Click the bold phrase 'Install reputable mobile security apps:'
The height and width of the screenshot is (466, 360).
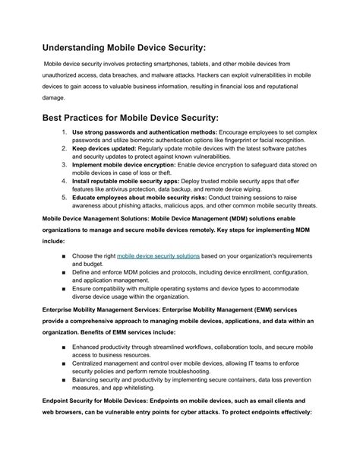pos(134,182)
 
